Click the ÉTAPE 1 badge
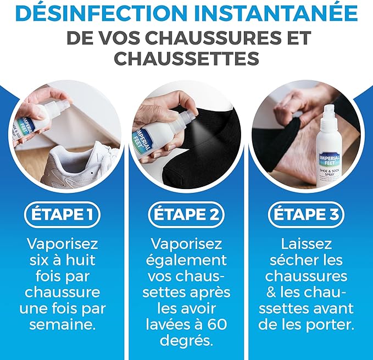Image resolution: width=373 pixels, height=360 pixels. [x=62, y=214]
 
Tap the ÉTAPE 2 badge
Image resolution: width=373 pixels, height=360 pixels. [x=186, y=214]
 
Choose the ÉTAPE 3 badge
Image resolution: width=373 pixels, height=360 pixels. [x=306, y=214]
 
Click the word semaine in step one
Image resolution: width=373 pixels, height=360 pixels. [x=62, y=325]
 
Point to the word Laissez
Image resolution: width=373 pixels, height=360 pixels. [x=306, y=244]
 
